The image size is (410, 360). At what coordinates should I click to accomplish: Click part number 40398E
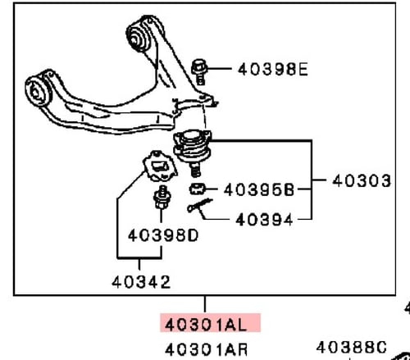click(x=273, y=69)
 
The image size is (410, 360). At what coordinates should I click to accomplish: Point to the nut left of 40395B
click(x=198, y=190)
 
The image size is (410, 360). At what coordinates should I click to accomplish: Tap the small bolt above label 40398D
click(x=160, y=198)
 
